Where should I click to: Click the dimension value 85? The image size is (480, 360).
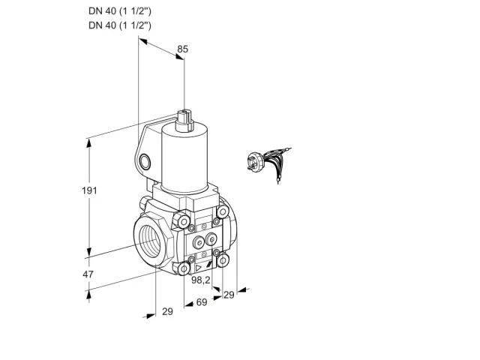182,49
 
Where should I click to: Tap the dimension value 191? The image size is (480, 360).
89,190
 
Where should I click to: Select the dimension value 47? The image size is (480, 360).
88,274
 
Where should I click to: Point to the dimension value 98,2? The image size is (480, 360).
201,280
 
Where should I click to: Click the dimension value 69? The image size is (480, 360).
202,302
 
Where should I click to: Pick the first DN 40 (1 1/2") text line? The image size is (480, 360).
120,11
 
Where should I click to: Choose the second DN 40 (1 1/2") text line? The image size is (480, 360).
120,25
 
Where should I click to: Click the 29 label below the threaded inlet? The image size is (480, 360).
167,311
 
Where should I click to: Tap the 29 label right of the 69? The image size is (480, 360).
229,295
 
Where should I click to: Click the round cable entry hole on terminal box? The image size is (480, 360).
145,161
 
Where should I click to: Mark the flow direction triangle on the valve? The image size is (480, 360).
198,268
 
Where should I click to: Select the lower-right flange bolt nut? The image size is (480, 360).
223,260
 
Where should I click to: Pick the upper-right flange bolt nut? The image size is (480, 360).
223,211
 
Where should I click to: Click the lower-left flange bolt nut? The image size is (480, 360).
184,269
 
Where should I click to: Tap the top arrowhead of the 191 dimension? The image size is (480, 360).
89,142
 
